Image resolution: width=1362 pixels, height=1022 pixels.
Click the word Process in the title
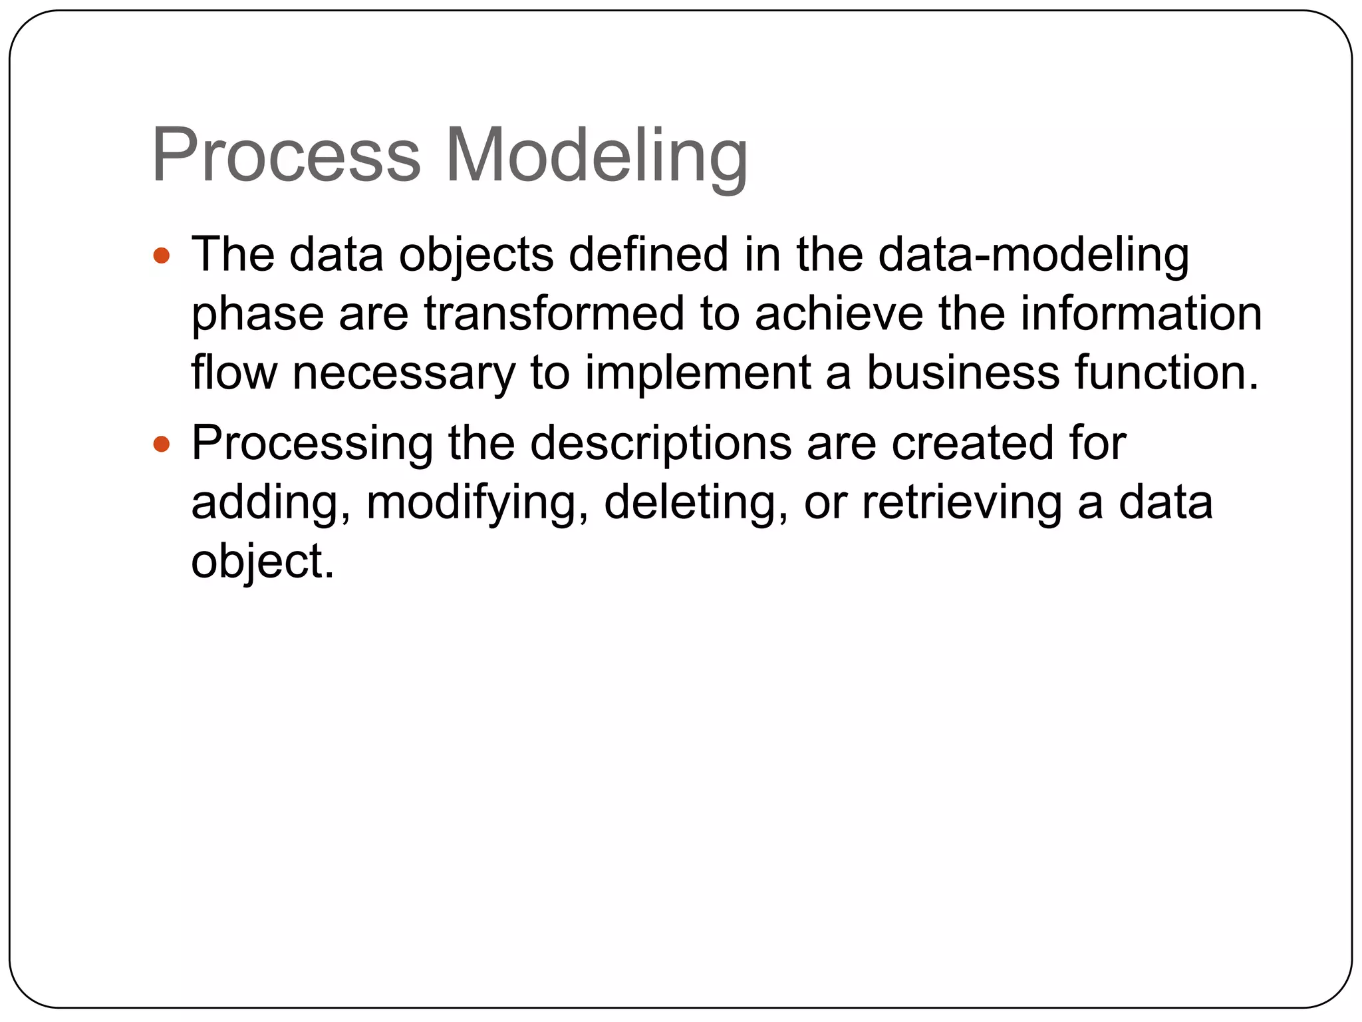[x=286, y=156]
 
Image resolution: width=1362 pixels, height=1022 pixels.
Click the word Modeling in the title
[x=597, y=157]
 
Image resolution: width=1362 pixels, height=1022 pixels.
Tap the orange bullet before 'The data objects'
[x=161, y=255]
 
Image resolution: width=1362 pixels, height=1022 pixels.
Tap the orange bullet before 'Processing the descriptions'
[x=161, y=444]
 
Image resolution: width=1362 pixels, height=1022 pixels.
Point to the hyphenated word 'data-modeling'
[x=1033, y=256]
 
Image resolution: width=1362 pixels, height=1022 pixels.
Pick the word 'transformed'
[x=554, y=313]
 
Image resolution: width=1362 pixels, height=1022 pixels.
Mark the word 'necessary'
[x=404, y=373]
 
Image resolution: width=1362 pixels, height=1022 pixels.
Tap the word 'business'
[x=962, y=372]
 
